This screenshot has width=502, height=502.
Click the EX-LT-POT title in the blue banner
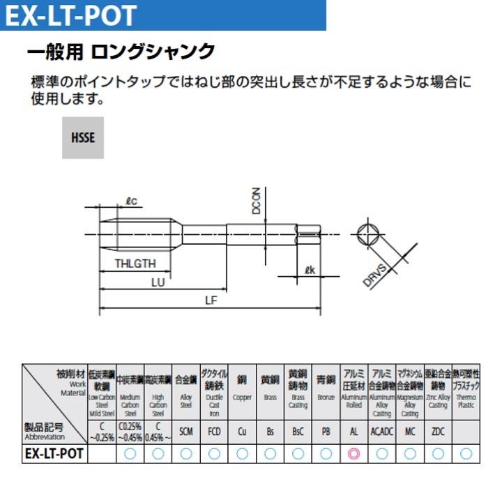70,15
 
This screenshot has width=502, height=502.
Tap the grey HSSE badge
82,137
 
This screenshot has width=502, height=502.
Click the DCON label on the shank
256,200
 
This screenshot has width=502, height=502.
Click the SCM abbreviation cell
185,432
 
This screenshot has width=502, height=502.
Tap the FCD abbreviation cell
214,432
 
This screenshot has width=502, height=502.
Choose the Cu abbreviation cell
242,432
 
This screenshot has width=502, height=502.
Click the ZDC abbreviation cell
438,432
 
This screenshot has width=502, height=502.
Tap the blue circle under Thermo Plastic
466,453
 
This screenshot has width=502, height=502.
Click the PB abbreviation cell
326,432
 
